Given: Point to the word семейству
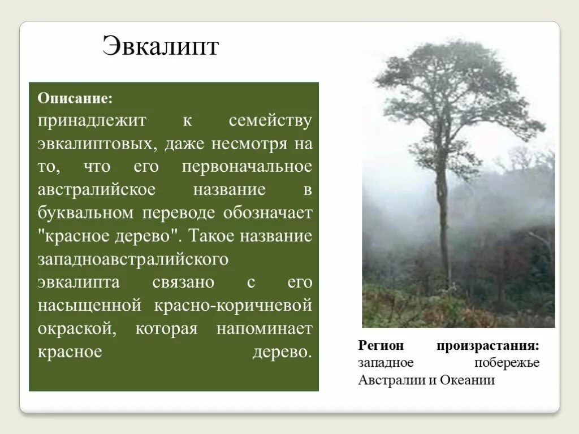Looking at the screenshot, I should point(270,121).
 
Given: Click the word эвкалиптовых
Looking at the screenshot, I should point(97,144).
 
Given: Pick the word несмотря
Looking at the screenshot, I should point(249,144).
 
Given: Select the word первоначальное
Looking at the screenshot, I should point(247,167).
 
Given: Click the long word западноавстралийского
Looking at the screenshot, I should point(133,259).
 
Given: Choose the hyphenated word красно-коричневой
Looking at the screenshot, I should point(232,306).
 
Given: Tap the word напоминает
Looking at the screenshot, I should point(264,329).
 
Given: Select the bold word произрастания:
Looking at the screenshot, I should point(487,345).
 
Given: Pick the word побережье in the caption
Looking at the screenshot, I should point(507,363).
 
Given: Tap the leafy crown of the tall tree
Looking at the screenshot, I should point(452,85).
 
